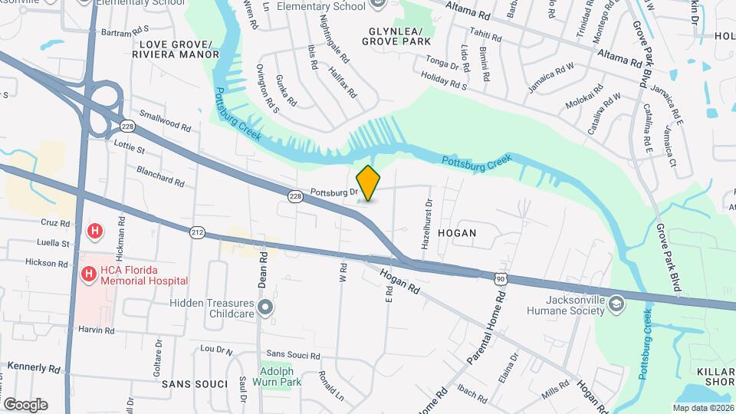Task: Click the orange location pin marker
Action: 369,183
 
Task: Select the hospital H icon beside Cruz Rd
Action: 95,230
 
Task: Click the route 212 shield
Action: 197,230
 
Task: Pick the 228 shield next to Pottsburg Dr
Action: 296,197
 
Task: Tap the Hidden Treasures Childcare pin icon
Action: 266,308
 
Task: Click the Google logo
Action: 25,404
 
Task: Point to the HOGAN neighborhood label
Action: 457,232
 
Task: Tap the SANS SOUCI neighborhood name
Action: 195,383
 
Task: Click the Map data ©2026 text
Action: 703,407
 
